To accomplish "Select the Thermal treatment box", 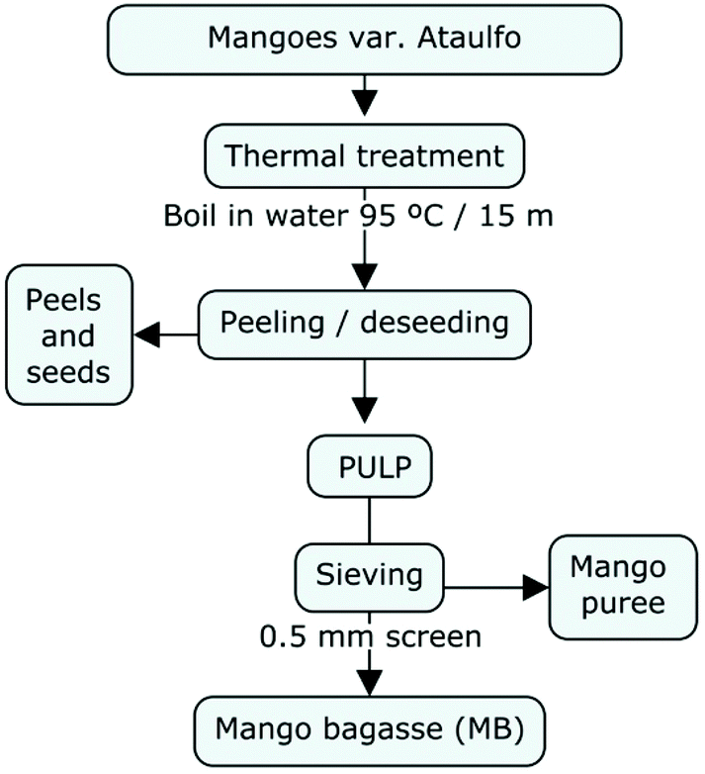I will click(x=364, y=156).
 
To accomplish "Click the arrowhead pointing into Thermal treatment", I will click(x=367, y=104).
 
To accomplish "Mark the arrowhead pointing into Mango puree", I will click(x=535, y=587).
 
